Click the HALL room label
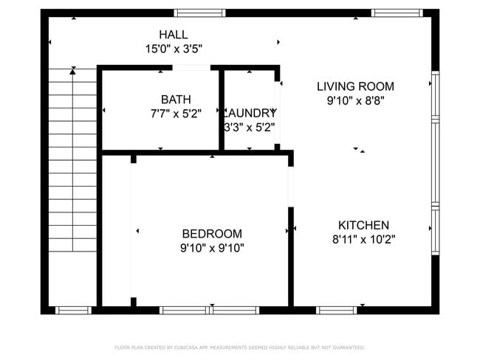174,35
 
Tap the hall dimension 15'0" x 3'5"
174,49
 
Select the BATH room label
176,100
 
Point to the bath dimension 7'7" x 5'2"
176,114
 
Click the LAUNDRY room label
250,113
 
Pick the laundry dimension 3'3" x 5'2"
250,127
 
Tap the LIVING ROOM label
355,86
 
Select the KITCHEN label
363,225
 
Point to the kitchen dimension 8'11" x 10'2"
363,239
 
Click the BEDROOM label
212,234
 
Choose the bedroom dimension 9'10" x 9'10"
212,248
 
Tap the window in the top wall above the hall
191,13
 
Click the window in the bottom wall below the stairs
74,310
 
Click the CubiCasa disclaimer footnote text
239,347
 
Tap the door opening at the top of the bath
191,68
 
